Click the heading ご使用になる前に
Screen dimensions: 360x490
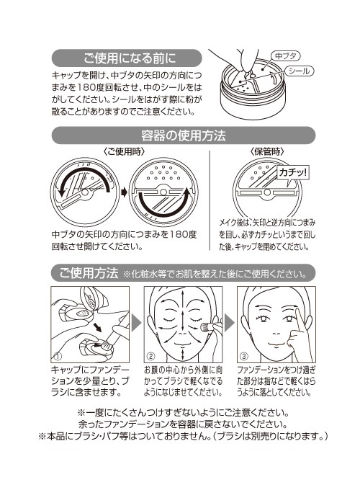coord(130,58)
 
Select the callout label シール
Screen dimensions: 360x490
coord(299,71)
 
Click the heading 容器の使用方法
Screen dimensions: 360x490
coord(184,135)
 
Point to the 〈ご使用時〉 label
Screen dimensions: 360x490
coord(125,152)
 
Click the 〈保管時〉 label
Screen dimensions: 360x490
coord(267,152)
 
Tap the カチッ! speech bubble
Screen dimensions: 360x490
coord(293,173)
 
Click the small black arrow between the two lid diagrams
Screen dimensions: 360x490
coord(125,192)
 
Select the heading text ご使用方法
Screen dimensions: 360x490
coord(89,273)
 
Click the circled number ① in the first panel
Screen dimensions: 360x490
coord(58,356)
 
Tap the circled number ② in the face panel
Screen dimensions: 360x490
coord(150,356)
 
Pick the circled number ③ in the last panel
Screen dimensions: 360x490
coord(244,356)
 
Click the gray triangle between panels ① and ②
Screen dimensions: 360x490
coord(137,323)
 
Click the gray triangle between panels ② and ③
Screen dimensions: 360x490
coord(230,323)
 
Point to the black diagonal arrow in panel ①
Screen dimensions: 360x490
coord(97,327)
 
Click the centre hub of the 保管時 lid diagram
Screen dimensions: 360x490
coord(267,192)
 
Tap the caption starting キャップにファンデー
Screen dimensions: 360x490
coord(90,381)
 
